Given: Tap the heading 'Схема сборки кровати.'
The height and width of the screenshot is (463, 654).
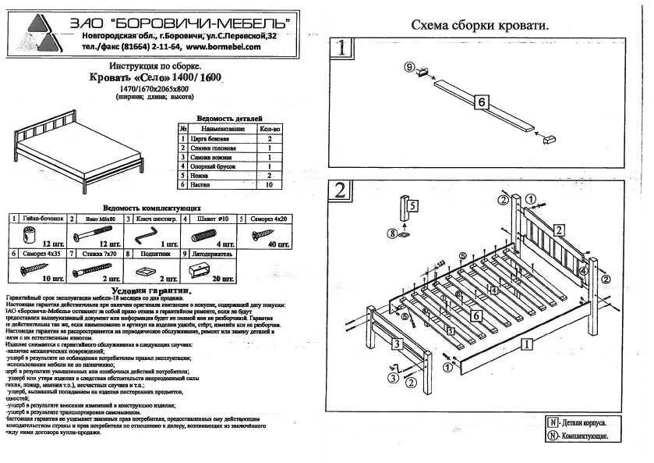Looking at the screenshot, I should tap(479, 25).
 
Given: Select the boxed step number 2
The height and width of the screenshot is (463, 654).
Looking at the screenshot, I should tap(341, 191).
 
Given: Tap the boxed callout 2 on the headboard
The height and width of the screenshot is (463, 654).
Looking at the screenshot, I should tap(559, 230).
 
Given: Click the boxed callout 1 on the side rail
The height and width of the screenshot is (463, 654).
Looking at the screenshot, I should tap(527, 342).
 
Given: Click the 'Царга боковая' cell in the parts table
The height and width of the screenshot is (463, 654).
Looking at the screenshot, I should tap(210, 137).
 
